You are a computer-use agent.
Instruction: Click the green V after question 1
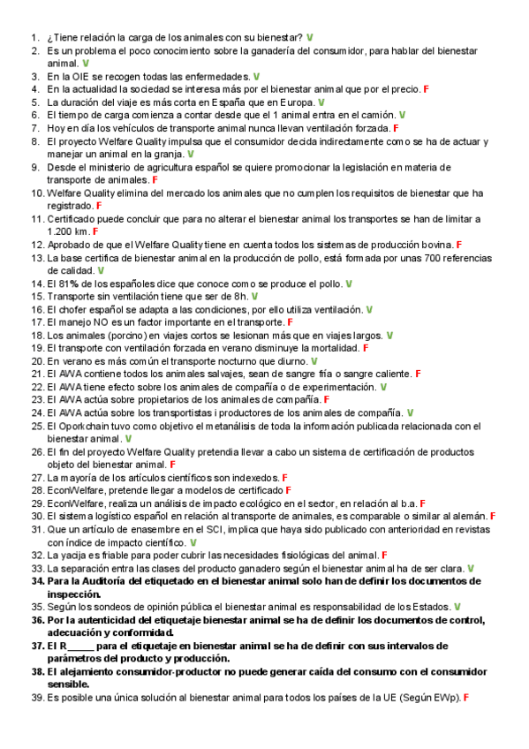[310, 39]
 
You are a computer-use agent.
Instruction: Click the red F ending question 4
[426, 90]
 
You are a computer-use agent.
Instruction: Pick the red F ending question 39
[465, 698]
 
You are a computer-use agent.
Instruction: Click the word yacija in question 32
[73, 555]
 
